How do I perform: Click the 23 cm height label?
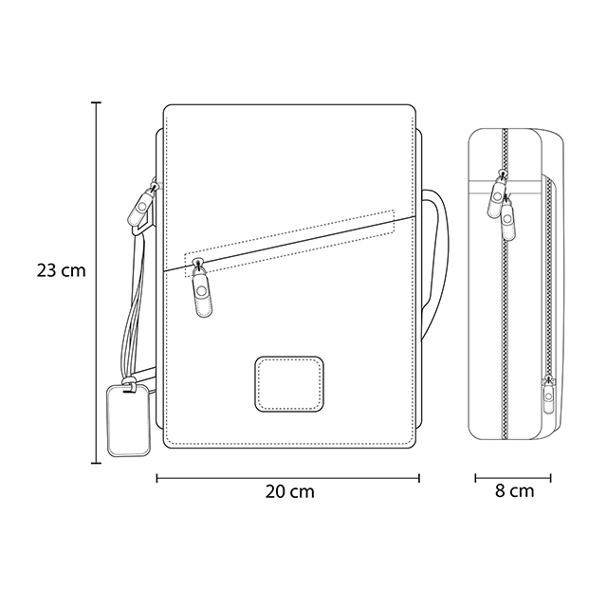coord(61,270)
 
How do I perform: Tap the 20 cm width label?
coord(289,491)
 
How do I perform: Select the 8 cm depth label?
coord(514,491)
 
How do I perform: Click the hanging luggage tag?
coord(129,420)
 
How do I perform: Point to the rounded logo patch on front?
coord(289,384)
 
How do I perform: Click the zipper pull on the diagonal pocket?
coord(202,288)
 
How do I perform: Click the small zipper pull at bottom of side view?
coord(548,395)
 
